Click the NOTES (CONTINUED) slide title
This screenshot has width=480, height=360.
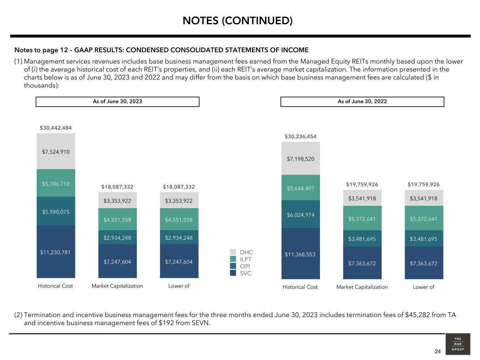[x=237, y=21]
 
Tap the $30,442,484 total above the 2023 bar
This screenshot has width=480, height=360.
[x=56, y=128]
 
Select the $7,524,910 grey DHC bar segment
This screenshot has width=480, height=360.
[x=56, y=152]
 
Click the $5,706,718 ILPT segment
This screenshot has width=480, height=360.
[x=56, y=184]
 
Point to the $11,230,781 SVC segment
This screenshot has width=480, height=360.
[x=56, y=252]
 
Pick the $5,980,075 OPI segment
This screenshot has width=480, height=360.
[x=56, y=212]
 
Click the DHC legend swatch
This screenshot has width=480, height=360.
[x=233, y=252]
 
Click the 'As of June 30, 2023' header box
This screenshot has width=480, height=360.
[x=117, y=102]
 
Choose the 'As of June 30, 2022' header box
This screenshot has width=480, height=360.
[x=362, y=102]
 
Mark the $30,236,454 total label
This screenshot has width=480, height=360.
[x=301, y=136]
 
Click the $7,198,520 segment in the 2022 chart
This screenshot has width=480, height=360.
[x=301, y=159]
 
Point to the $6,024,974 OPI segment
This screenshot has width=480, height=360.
[x=301, y=215]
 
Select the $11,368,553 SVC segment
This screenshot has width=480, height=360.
[x=301, y=254]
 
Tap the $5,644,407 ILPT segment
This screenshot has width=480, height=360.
[x=301, y=188]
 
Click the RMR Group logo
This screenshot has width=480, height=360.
[x=457, y=344]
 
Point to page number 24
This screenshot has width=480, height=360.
[x=437, y=352]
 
